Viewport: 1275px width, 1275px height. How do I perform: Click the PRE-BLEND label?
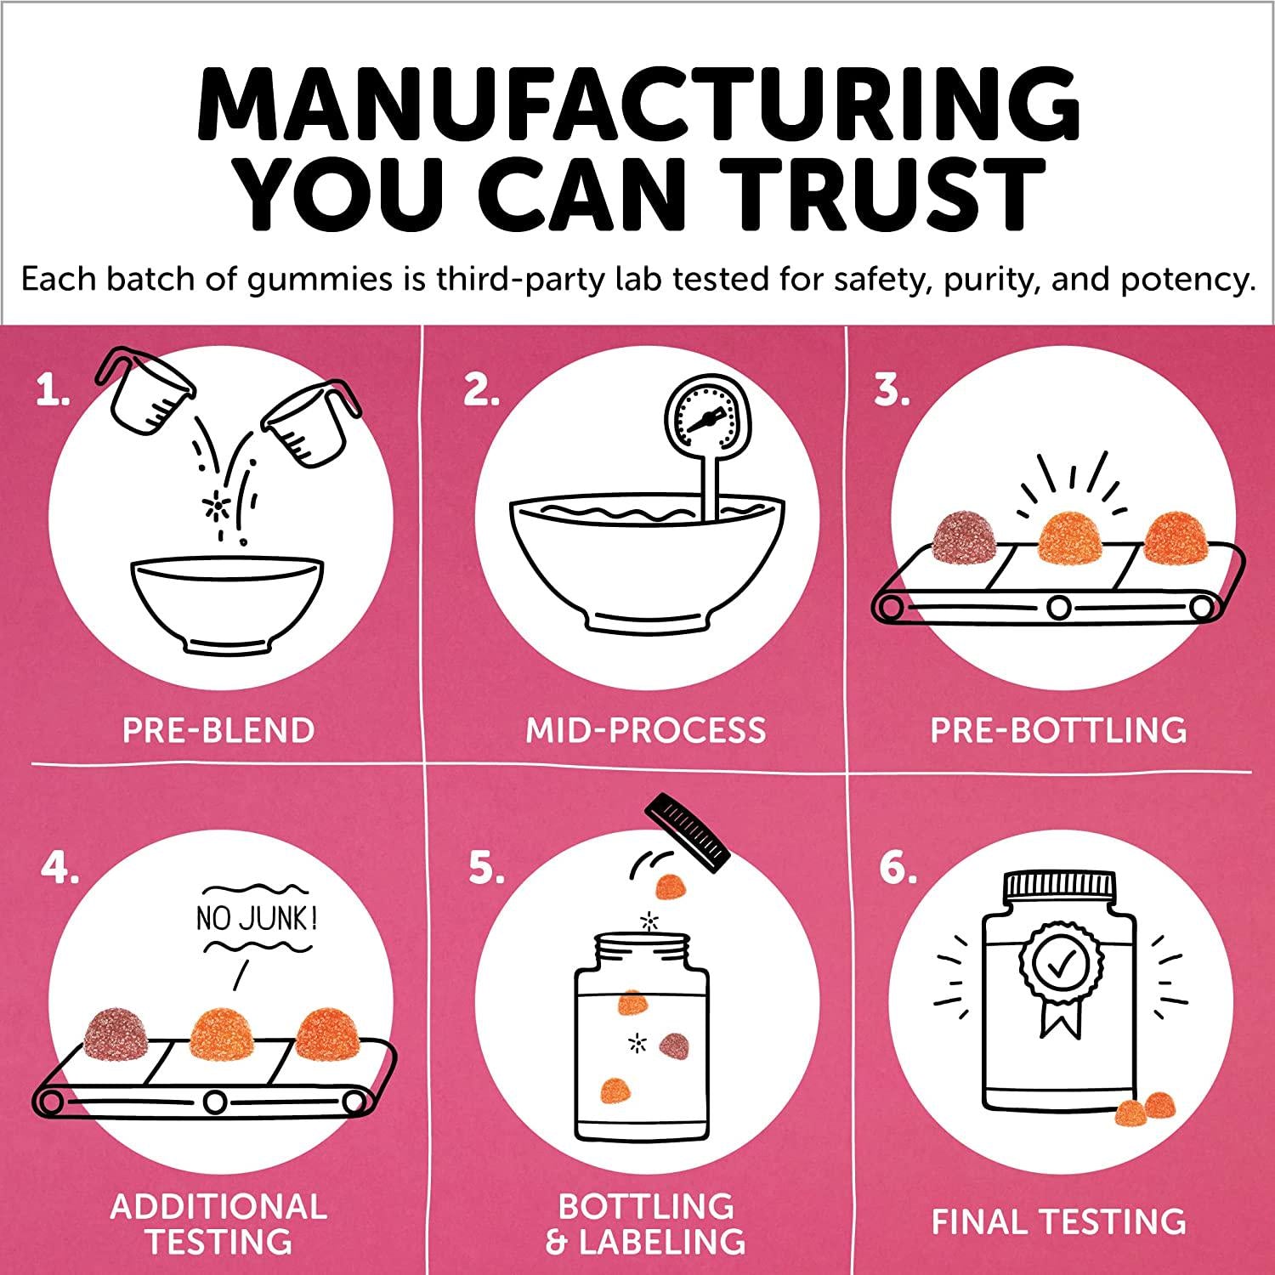(218, 731)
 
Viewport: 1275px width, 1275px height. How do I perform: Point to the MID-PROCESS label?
(646, 731)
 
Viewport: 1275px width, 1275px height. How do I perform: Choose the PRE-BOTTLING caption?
(1058, 731)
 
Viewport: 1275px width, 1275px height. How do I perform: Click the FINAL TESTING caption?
(1058, 1221)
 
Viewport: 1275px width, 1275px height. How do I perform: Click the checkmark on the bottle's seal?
(1058, 966)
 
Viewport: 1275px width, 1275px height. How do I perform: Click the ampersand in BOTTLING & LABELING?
(556, 1244)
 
